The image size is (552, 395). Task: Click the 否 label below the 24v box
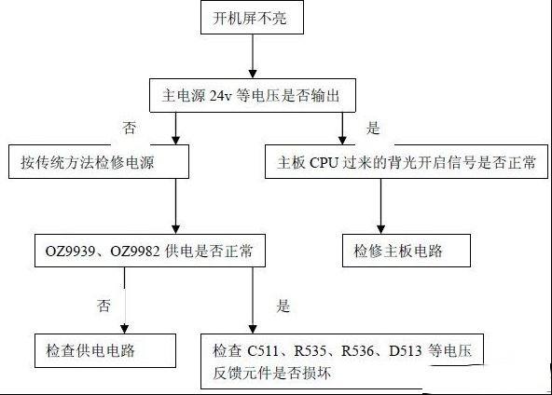click(130, 128)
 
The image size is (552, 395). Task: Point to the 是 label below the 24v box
click(373, 128)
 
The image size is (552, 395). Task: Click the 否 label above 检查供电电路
click(103, 306)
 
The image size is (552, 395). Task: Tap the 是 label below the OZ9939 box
click(283, 306)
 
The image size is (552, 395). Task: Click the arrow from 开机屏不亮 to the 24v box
click(253, 56)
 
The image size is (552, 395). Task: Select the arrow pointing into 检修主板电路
click(380, 206)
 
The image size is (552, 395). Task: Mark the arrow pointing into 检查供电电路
click(125, 300)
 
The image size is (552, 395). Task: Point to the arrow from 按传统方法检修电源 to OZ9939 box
click(175, 206)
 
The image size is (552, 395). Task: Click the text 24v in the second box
click(221, 96)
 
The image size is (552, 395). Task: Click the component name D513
click(406, 350)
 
